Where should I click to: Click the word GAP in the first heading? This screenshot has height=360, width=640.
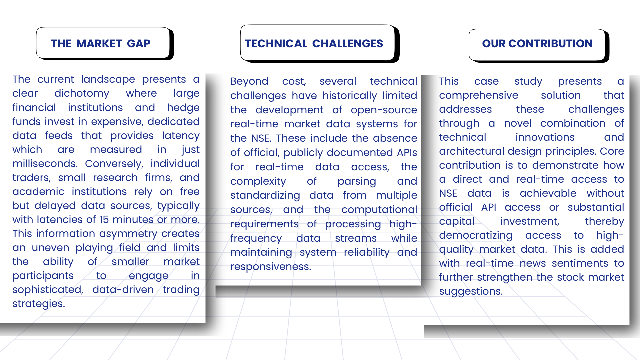(x=139, y=44)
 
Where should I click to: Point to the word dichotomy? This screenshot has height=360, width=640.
(x=82, y=94)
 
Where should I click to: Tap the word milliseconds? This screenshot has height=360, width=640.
(x=45, y=164)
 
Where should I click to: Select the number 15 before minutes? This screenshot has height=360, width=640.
(x=104, y=220)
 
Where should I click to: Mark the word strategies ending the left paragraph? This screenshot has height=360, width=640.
(x=39, y=304)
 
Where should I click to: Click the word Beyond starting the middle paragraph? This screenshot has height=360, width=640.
(x=249, y=82)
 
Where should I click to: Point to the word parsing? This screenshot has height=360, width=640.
(x=357, y=182)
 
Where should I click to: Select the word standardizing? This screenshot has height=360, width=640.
(x=265, y=196)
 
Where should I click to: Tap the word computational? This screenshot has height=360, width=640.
(x=379, y=210)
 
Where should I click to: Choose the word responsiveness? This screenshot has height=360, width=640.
(x=271, y=267)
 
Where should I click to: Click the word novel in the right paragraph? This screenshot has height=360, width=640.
(x=518, y=123)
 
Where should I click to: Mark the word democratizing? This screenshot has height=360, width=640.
(x=476, y=236)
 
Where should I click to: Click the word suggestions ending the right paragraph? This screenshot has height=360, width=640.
(x=471, y=292)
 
